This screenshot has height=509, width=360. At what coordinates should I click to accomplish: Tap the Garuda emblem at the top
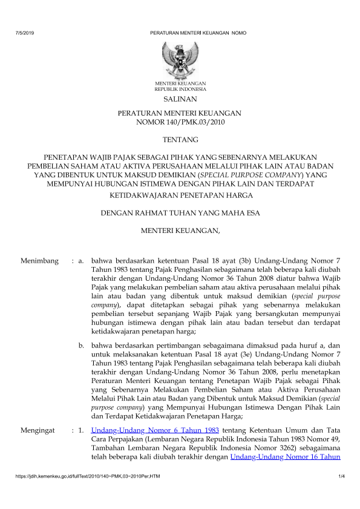(180, 59)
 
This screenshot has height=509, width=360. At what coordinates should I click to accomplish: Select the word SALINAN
(180, 99)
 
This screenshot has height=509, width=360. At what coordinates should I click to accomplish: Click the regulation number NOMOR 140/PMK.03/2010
(180, 122)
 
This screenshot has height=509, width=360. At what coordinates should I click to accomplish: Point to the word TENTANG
(180, 140)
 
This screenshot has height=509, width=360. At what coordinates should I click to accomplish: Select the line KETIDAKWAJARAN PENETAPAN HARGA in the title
(180, 195)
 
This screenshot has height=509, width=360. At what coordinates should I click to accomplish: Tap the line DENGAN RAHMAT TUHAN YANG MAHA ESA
(180, 212)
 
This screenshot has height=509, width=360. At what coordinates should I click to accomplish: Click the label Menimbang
(39, 261)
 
